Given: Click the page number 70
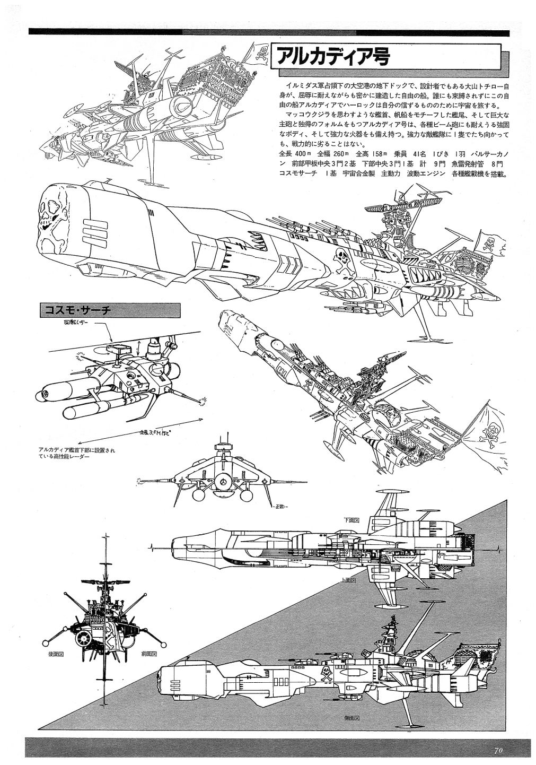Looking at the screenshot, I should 498,750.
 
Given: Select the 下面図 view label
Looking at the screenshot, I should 349,519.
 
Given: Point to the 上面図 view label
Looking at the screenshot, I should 349,581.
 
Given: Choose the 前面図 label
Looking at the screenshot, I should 150,654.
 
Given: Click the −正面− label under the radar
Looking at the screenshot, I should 280,507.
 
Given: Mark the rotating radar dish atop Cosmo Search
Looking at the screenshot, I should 116,348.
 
